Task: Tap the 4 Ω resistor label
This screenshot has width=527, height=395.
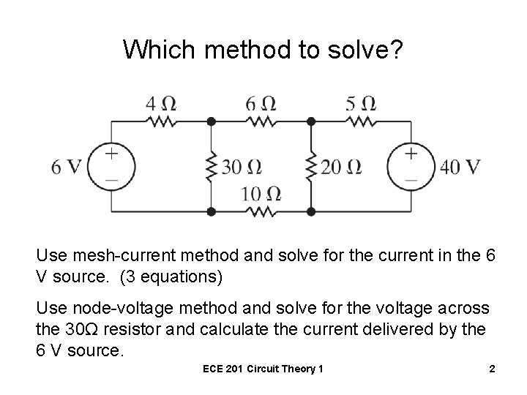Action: (x=160, y=102)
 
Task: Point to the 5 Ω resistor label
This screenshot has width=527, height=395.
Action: (x=361, y=102)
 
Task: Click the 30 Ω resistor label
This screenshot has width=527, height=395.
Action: (x=241, y=168)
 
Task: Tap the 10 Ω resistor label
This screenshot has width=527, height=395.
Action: (x=262, y=194)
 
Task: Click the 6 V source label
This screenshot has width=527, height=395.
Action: (x=66, y=167)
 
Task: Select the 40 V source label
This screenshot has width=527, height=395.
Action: (x=460, y=167)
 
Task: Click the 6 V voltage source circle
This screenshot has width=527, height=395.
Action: (x=111, y=166)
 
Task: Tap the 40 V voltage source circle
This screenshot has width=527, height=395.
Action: (x=411, y=166)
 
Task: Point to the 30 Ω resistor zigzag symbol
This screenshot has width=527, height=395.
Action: (x=211, y=167)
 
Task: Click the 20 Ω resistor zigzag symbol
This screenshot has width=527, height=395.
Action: (x=311, y=167)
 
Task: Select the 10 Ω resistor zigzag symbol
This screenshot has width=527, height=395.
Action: (x=261, y=212)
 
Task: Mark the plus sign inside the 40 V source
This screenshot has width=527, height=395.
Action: (x=411, y=154)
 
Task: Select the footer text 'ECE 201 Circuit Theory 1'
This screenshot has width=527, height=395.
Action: (x=263, y=369)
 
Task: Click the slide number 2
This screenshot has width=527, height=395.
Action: (x=492, y=369)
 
